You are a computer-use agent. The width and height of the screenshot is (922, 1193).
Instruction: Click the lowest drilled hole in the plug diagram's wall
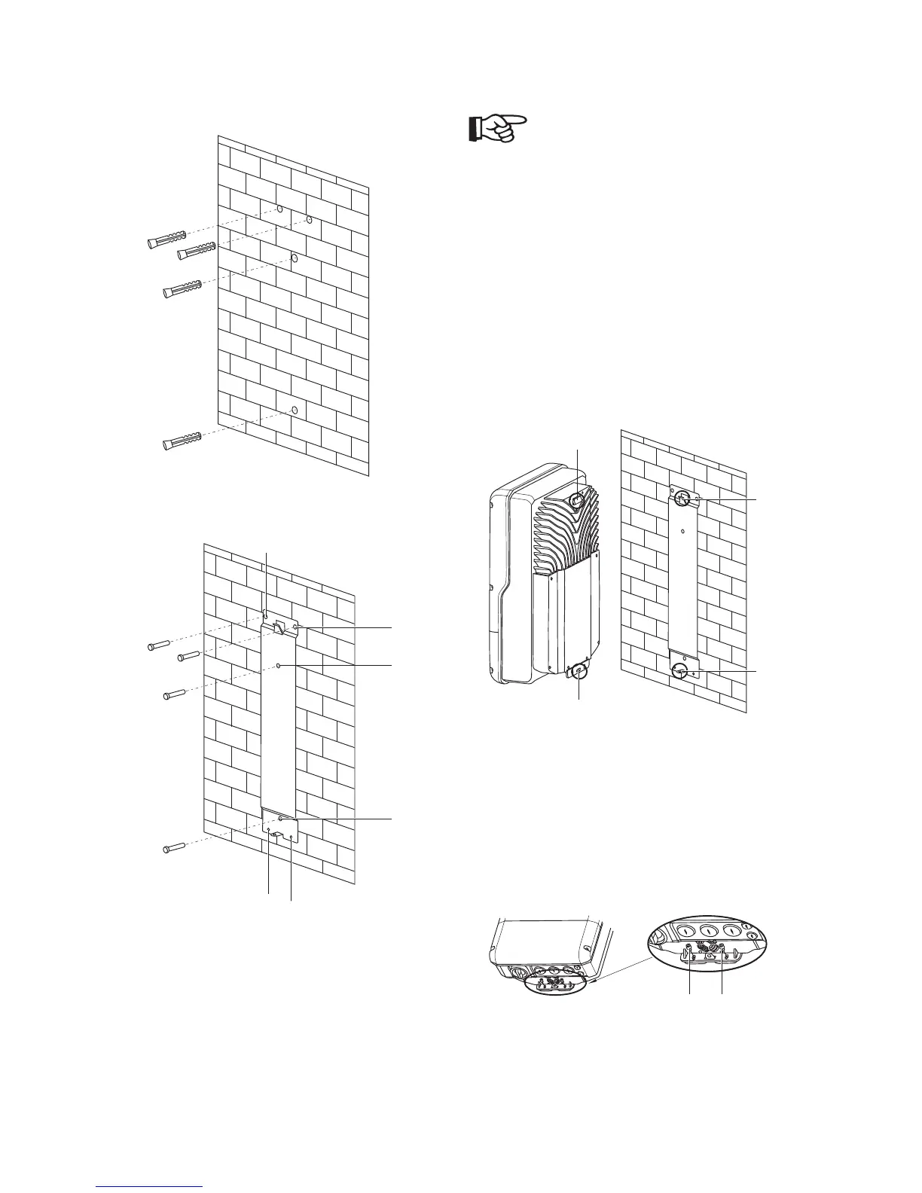(295, 411)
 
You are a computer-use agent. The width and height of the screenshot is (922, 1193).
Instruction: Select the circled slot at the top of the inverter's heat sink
(577, 499)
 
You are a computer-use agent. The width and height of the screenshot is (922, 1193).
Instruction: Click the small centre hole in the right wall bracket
(682, 530)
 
